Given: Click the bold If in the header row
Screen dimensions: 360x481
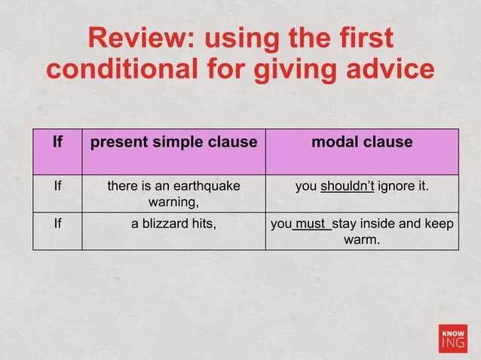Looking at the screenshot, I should (57, 142).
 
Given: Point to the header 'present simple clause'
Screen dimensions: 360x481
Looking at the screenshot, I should (173, 142).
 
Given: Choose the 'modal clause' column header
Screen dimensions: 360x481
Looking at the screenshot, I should (362, 142).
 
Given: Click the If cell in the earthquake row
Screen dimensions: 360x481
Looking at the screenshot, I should (57, 185).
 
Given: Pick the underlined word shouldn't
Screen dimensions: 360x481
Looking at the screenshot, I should (347, 185).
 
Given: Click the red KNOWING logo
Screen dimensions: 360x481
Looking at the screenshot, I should (452, 338).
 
